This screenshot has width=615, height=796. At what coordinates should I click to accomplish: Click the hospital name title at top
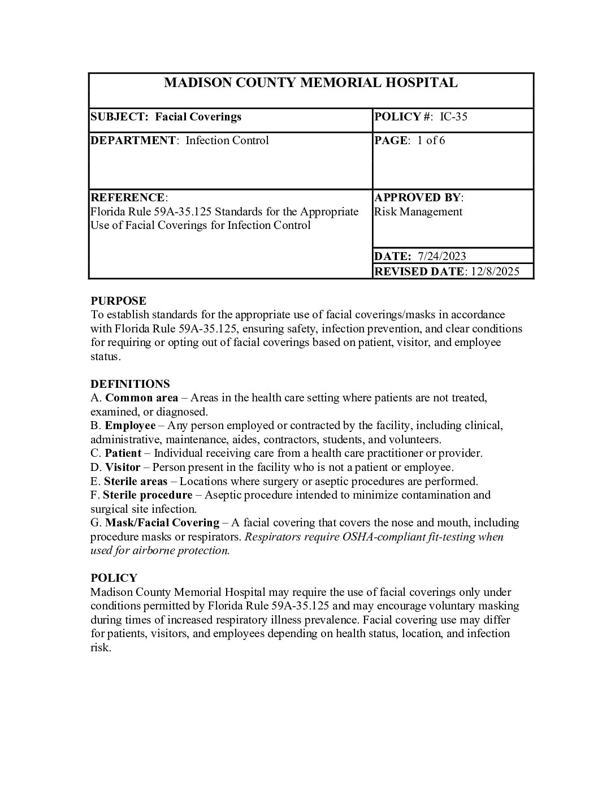[310, 83]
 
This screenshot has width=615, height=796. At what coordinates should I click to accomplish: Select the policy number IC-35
[453, 117]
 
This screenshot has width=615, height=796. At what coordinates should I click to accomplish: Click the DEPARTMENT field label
[133, 140]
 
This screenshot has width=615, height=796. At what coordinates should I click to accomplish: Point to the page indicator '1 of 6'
[431, 140]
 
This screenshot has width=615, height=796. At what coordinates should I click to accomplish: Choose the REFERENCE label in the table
[128, 197]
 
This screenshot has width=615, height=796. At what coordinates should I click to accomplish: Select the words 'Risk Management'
[418, 211]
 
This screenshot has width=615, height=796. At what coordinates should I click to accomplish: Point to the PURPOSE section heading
[118, 301]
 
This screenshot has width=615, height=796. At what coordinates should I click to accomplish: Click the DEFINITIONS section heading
[130, 384]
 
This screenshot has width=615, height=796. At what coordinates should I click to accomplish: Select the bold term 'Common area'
[141, 397]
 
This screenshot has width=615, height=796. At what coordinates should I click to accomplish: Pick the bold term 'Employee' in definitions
[130, 425]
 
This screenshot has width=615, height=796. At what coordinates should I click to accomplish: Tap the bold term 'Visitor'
[123, 467]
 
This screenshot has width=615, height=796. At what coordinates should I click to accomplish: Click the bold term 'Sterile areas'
[136, 481]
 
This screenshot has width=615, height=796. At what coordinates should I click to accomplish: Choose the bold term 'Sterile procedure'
[148, 495]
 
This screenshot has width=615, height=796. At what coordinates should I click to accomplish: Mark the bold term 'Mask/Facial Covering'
[162, 523]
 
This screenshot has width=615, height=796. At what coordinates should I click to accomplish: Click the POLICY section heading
[114, 578]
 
